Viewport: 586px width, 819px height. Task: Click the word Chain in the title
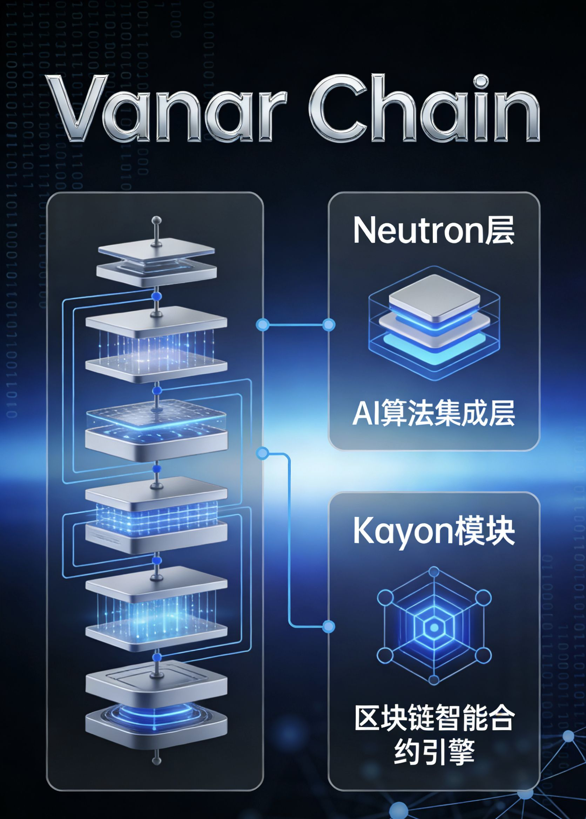tap(424, 108)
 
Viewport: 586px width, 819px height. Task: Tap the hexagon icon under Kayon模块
tap(434, 628)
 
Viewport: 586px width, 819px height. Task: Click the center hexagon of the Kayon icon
tap(434, 628)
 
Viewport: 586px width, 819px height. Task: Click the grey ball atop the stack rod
tap(157, 220)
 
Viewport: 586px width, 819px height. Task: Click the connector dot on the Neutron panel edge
tap(328, 325)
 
